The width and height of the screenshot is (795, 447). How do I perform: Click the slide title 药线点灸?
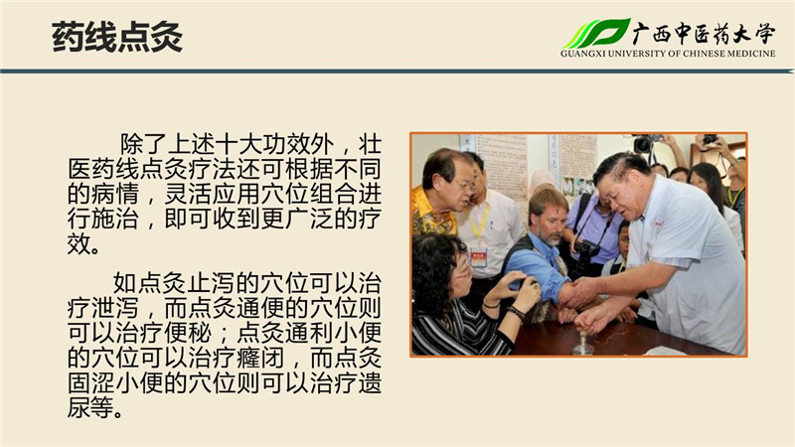point(117,37)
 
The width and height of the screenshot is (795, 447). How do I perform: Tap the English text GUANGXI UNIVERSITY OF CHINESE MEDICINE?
point(668,54)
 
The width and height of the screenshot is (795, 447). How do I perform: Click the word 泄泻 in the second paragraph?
point(115,308)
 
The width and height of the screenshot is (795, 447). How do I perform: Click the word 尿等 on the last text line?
point(91,407)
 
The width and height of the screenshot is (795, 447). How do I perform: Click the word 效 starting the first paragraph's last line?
point(79,244)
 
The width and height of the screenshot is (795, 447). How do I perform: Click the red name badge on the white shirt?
point(478,257)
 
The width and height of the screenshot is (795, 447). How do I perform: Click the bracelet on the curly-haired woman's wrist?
point(517,313)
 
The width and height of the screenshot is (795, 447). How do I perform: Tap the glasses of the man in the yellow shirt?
point(464,185)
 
